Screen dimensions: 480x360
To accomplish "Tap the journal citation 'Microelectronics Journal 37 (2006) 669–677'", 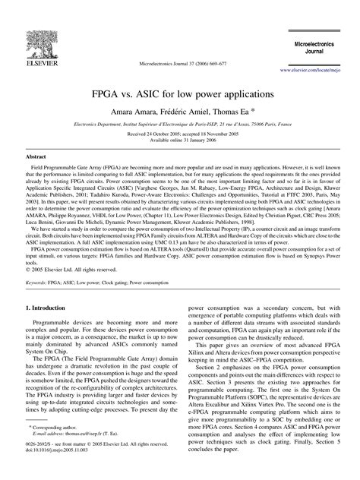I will point(180,64).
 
